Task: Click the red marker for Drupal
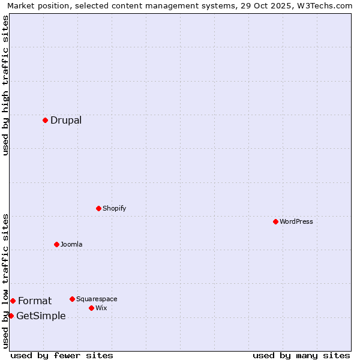tap(45, 120)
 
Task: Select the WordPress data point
tap(275, 221)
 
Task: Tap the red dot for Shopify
tap(98, 208)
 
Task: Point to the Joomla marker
tap(56, 244)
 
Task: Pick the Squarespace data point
tap(72, 299)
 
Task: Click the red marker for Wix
tap(91, 308)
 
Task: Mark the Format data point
tap(13, 301)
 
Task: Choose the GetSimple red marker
tap(11, 316)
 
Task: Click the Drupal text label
tap(66, 120)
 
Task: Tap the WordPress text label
tap(296, 221)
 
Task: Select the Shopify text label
tap(114, 208)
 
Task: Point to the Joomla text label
tap(71, 244)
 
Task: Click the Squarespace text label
tap(97, 299)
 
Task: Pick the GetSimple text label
tap(41, 316)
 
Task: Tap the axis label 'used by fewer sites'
tap(62, 355)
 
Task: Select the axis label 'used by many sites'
tap(301, 355)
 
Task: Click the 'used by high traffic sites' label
tap(5, 85)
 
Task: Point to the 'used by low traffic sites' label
tap(5, 281)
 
